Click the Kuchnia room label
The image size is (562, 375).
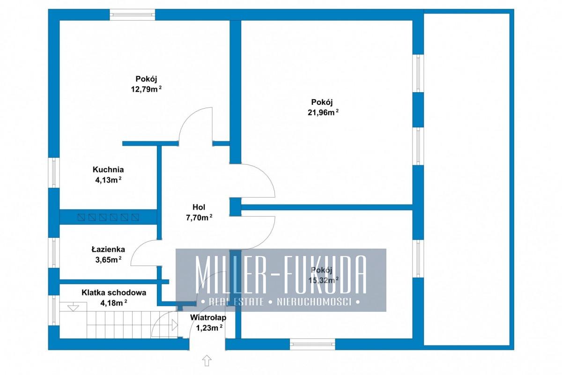108,169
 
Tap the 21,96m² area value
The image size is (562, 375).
323,112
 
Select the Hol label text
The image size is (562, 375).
199,207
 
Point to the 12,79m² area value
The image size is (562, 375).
146,89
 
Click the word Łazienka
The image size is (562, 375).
108,249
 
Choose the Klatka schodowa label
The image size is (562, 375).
114,293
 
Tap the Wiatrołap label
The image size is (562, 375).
208,317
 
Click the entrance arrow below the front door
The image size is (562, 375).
207,360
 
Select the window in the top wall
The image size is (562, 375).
133,15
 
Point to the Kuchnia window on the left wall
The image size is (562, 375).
54,173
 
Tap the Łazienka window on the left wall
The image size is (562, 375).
54,253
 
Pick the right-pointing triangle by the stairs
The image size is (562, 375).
175,325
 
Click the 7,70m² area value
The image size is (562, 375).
199,218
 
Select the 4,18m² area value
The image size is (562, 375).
114,303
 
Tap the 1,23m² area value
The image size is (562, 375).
209,328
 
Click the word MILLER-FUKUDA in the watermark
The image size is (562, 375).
281,274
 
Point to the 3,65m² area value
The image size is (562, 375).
108,259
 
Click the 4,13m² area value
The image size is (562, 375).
108,180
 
